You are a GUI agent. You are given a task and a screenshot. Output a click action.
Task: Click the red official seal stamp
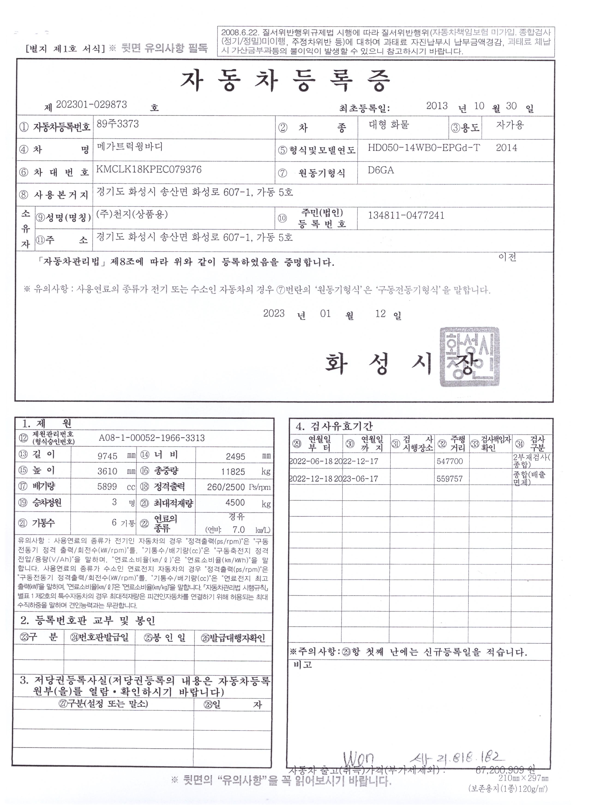469,357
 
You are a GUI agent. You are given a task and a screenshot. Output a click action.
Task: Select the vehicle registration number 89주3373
118,124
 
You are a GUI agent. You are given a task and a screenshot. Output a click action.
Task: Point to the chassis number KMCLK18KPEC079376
149,169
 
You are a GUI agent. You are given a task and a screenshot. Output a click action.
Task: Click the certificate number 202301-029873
91,104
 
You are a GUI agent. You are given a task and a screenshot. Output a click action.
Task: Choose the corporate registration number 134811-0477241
406,215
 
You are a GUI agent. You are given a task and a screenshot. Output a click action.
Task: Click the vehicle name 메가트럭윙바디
130,147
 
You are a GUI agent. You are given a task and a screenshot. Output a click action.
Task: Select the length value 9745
108,456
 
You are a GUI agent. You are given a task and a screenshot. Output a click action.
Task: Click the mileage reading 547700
450,461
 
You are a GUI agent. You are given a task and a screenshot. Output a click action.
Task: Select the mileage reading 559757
450,479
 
